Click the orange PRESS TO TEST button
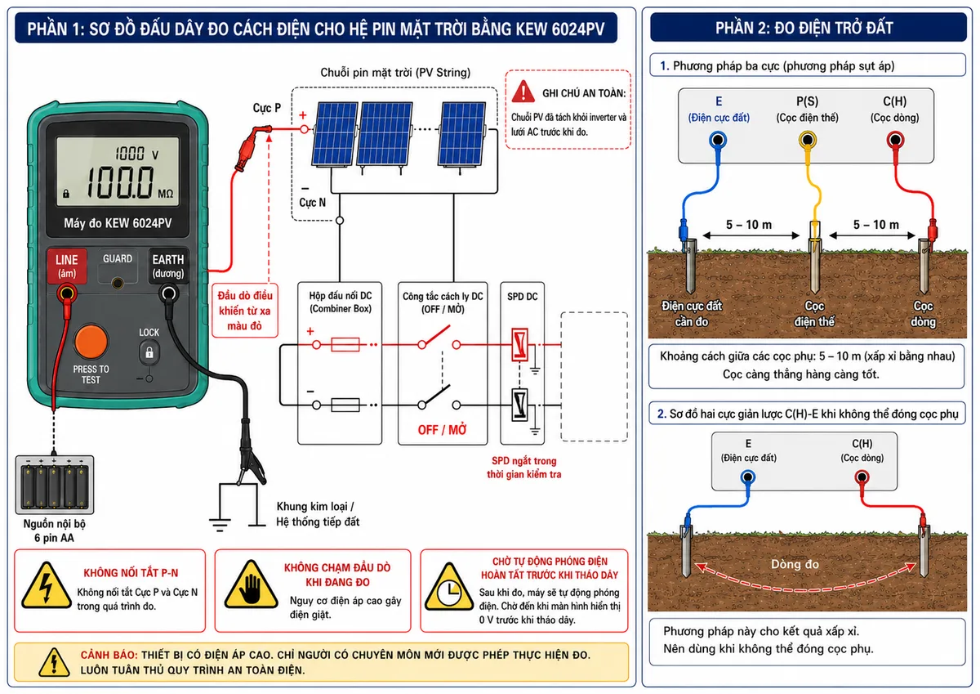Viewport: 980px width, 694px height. click(x=91, y=342)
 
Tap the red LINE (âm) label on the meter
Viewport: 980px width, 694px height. click(x=66, y=266)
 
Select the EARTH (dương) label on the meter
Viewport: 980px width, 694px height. click(x=168, y=266)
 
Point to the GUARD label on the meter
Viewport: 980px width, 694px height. click(x=118, y=259)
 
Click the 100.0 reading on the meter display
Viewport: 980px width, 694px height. click(x=119, y=182)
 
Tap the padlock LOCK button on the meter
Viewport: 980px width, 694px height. click(x=149, y=352)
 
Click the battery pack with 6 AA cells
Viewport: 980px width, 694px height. click(x=54, y=484)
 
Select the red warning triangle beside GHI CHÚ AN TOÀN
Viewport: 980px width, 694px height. click(x=523, y=92)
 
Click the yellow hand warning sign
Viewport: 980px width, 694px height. click(x=251, y=585)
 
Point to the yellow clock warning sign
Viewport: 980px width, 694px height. click(x=449, y=588)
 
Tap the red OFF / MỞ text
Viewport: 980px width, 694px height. click(x=442, y=430)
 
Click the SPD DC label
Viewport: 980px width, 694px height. click(x=523, y=297)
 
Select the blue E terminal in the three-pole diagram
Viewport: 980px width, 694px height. click(x=718, y=140)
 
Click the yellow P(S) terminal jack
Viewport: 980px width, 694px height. click(x=807, y=140)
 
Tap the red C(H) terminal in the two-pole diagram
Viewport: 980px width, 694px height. click(x=862, y=477)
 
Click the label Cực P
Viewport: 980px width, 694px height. click(x=266, y=108)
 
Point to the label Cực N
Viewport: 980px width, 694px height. click(x=312, y=203)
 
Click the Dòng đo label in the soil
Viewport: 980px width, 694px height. click(x=795, y=564)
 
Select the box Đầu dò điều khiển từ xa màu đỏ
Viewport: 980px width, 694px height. click(x=244, y=311)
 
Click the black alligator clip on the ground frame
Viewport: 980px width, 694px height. click(x=249, y=455)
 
